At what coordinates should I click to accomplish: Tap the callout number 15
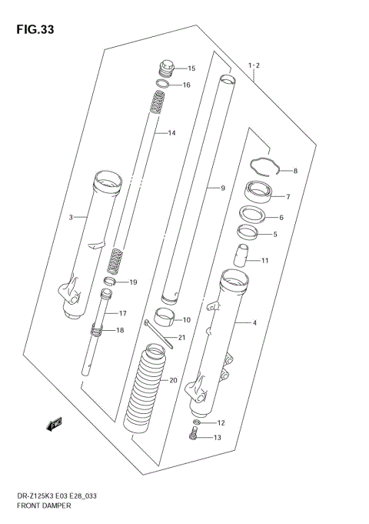coord(191,68)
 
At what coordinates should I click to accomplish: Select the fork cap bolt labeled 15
coord(167,67)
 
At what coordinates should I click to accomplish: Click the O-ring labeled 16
coord(163,84)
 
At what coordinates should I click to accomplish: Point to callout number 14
coord(171,133)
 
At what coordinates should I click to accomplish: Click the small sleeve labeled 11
coord(241,255)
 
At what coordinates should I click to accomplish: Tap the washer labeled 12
coord(198,423)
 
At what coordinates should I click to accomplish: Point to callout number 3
coord(71,218)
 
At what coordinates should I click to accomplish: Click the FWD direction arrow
coord(55,423)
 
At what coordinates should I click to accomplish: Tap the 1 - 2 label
coord(254,66)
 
